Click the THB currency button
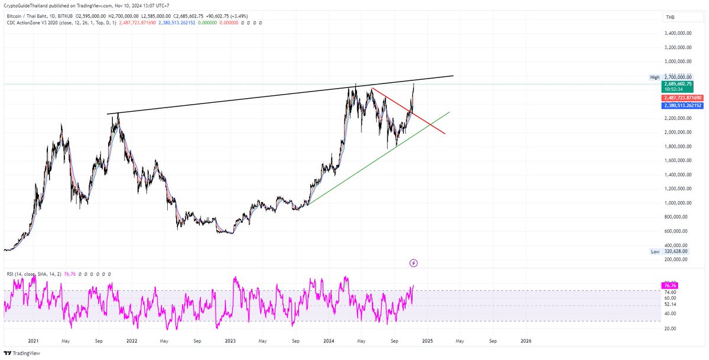(670, 18)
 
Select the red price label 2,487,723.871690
(682, 97)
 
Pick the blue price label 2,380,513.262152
(682, 105)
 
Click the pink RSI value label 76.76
(671, 286)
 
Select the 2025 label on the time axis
(428, 341)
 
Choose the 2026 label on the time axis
(526, 341)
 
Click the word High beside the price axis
(655, 77)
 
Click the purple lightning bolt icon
(414, 262)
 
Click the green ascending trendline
(378, 159)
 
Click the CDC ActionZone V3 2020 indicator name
(35, 22)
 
